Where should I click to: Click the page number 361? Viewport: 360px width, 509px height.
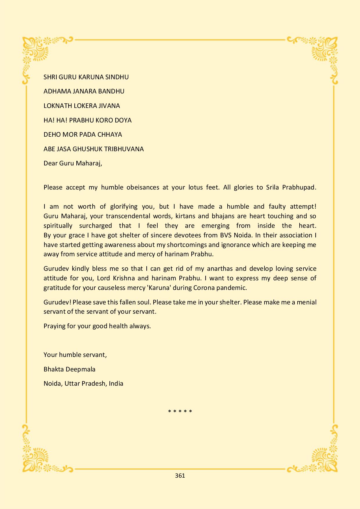(180, 475)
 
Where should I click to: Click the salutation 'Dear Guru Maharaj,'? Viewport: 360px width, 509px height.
(73, 163)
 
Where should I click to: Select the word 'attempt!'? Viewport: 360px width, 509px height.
(302, 207)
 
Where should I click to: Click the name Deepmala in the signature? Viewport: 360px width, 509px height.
(82, 369)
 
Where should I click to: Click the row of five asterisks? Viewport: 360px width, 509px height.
(180, 411)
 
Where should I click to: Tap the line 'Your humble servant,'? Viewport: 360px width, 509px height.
(75, 355)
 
